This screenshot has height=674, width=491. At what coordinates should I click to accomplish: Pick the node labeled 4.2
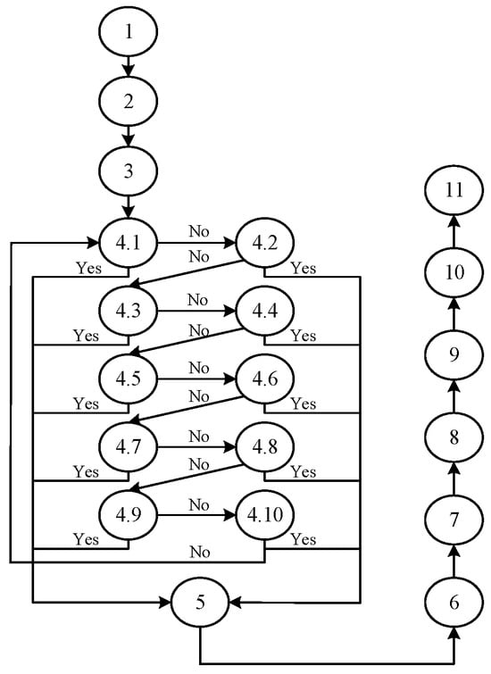tap(264, 241)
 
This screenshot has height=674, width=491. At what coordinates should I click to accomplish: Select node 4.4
tap(264, 312)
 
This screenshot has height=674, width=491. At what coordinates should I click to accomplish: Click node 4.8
tap(264, 446)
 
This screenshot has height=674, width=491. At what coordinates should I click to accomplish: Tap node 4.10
tap(264, 516)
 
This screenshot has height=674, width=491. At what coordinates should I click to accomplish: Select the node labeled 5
tap(199, 603)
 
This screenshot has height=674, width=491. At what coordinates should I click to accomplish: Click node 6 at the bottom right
tap(454, 603)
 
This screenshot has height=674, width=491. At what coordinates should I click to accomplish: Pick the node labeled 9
tap(454, 354)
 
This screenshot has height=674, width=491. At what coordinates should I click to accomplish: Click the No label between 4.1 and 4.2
tap(197, 230)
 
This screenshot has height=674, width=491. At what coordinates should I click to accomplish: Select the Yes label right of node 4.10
tap(304, 539)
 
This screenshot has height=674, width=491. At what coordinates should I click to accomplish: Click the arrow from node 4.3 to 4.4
tap(197, 312)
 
